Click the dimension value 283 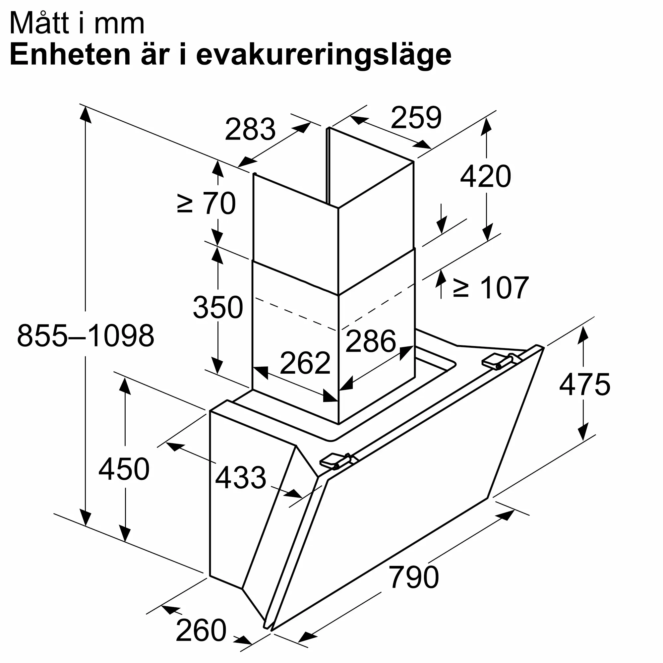[250, 129]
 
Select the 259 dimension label [416, 118]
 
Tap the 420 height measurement [485, 176]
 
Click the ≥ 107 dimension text [491, 287]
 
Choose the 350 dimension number [218, 307]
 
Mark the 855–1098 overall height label [86, 335]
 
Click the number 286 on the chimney [371, 341]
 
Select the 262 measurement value [305, 363]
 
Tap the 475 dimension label [584, 385]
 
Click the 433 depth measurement [240, 477]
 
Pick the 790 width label [413, 577]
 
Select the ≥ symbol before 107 [460, 288]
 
